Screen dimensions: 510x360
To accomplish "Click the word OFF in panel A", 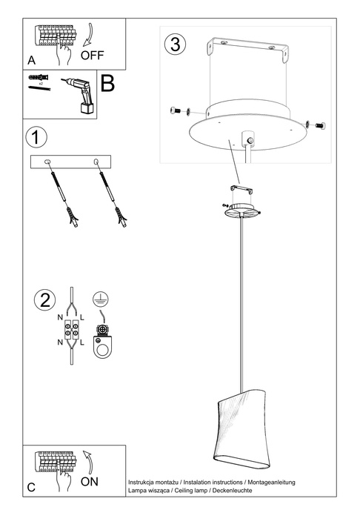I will click(x=92, y=53).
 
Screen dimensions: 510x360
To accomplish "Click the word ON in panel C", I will click(x=89, y=481).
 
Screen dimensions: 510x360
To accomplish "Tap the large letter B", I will click(x=108, y=83).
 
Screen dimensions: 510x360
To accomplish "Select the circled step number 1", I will click(x=36, y=137).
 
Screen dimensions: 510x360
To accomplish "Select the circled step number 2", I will click(x=45, y=300).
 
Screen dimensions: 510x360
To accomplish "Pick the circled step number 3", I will click(x=175, y=44).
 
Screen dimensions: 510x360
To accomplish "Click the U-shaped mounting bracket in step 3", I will click(x=246, y=56).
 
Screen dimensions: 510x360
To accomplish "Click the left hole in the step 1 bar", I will click(x=48, y=162).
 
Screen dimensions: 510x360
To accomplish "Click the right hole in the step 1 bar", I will click(x=96, y=162).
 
